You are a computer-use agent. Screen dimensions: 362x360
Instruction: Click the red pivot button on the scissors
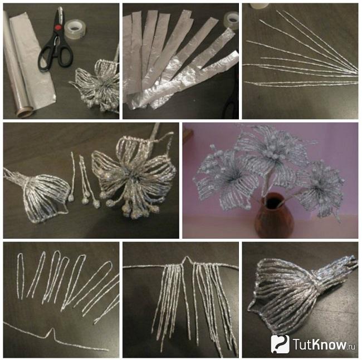tap(58, 27)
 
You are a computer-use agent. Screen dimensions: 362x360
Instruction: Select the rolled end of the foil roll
tap(24, 111)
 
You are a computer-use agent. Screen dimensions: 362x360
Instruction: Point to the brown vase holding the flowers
tap(273, 215)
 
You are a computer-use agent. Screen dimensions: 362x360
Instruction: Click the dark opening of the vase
tap(273, 201)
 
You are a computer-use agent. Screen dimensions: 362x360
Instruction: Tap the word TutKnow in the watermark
tap(320, 344)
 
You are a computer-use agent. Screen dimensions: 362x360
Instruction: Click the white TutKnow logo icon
tap(280, 344)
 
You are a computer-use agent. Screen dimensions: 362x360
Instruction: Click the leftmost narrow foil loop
tap(21, 275)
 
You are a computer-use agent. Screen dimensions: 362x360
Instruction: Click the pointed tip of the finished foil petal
tap(249, 308)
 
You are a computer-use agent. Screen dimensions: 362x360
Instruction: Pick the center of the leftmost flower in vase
tap(229, 179)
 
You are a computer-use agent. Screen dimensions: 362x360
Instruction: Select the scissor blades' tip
tap(60, 8)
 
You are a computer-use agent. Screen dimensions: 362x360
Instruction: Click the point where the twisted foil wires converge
tap(355, 73)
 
